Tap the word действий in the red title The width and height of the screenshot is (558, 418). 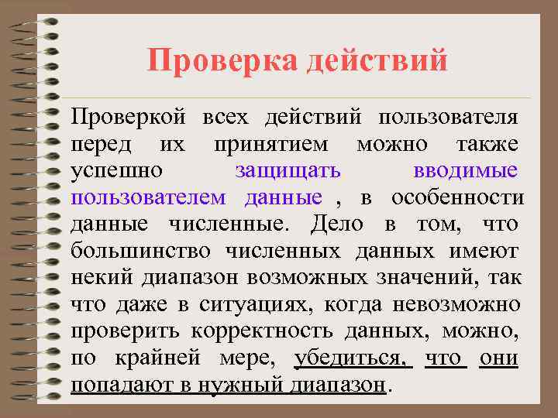(x=377, y=60)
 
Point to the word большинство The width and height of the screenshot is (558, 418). (x=140, y=251)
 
